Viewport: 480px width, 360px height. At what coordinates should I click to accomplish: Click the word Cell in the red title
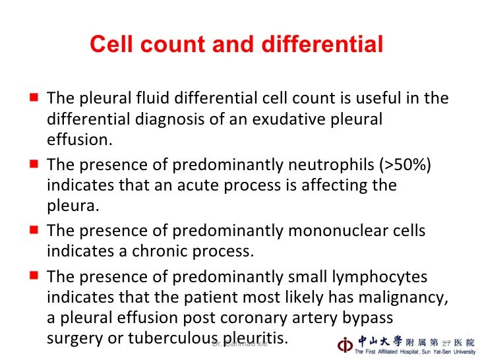click(109, 45)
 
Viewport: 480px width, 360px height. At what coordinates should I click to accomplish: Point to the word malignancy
click(395, 297)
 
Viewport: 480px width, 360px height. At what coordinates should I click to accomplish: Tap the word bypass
click(369, 318)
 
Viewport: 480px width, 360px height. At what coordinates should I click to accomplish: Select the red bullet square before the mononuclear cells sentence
click(33, 230)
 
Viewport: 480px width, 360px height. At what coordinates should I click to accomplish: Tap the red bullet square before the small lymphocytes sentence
click(33, 276)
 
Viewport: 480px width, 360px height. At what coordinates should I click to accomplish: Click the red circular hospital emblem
click(344, 344)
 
